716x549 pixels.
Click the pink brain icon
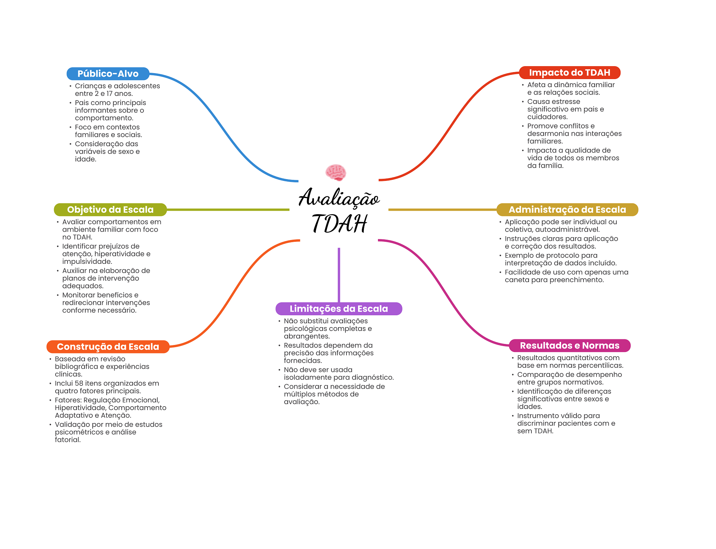point(336,172)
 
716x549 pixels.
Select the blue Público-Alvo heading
point(108,73)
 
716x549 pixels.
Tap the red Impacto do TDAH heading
point(569,72)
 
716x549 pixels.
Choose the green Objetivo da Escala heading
point(110,210)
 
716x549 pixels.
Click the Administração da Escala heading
point(567,210)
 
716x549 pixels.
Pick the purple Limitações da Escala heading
point(338,309)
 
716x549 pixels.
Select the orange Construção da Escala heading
point(108,347)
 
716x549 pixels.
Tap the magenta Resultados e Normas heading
point(569,346)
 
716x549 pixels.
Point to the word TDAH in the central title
point(339,224)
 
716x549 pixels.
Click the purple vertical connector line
point(339,275)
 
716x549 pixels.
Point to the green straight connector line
point(227,210)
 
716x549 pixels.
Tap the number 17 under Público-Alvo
point(109,94)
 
